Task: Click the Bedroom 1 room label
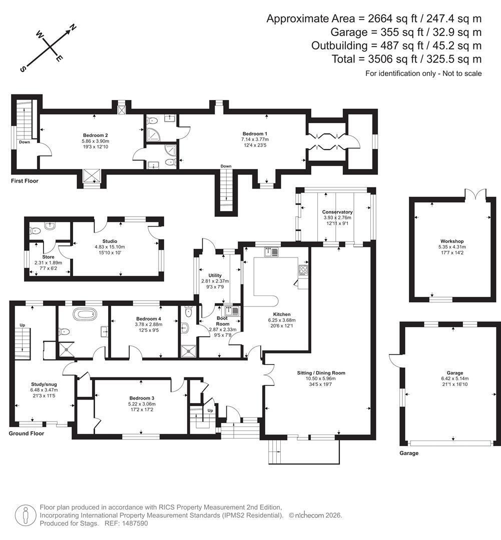(255, 133)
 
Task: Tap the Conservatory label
(337, 212)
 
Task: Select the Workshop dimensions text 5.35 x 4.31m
(451, 247)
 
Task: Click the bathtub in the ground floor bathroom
(85, 314)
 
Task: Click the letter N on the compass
(73, 28)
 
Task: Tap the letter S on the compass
(23, 69)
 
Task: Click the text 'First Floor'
(25, 181)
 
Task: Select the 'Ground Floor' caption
(27, 433)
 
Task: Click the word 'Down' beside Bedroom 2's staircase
(25, 142)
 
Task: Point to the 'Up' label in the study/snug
(23, 325)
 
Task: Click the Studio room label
(110, 241)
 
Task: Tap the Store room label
(48, 257)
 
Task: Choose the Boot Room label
(222, 321)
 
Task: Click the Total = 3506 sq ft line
(406, 59)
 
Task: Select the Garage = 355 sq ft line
(406, 32)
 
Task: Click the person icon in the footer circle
(25, 515)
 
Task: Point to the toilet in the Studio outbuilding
(36, 230)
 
